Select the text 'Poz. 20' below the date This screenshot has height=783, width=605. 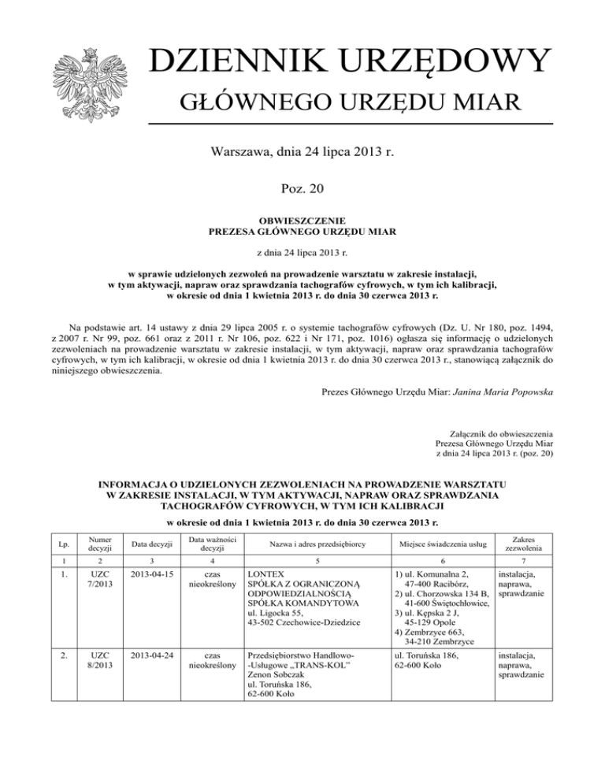click(302, 188)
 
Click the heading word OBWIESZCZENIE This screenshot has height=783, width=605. click(302, 221)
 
